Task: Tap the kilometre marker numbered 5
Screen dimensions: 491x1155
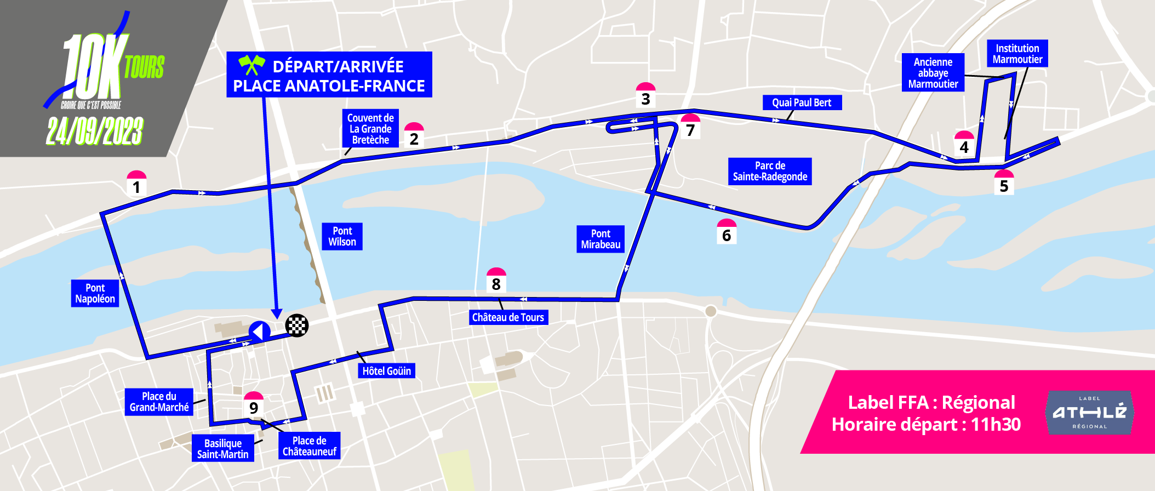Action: coord(1004,182)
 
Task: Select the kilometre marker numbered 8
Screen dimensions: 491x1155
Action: coord(496,281)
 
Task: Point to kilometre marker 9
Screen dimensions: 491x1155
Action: coord(254,404)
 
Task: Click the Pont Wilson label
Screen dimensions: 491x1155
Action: coord(342,236)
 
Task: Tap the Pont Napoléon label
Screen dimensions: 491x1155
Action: coord(95,293)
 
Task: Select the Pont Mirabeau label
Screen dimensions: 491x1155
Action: coord(601,239)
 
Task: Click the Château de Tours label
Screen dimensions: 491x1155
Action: coord(508,317)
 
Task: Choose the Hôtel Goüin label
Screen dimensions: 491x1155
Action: coord(386,371)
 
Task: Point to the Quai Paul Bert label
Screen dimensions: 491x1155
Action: coord(802,102)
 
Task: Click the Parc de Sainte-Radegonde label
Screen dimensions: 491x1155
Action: coord(770,171)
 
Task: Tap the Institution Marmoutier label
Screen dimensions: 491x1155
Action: coord(1017,54)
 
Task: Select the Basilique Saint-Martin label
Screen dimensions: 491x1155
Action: coord(222,448)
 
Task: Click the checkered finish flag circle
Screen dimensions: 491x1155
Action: coord(297,326)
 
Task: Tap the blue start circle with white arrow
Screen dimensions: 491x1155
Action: coord(260,332)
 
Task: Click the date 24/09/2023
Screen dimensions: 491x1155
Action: coord(95,132)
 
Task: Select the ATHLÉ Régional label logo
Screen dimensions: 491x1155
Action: coord(1089,413)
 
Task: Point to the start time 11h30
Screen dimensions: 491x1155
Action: coord(996,425)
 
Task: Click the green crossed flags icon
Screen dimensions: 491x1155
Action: coord(251,65)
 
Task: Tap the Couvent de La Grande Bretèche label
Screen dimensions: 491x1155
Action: coord(370,129)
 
